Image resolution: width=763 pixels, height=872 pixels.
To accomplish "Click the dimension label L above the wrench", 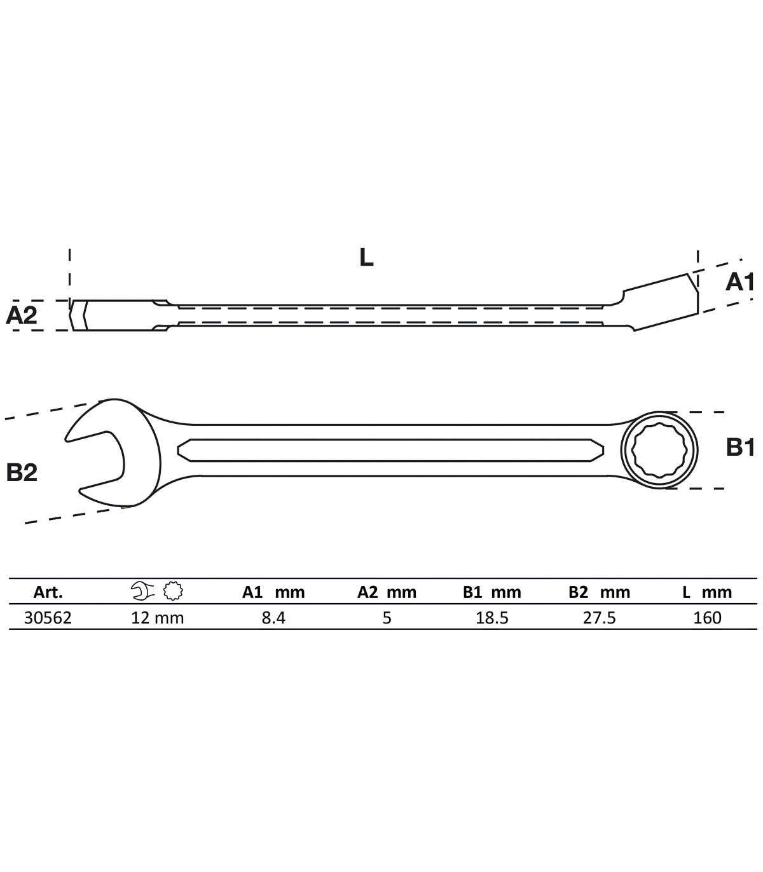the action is coord(366,257).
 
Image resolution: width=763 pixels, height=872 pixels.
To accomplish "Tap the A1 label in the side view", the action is coord(739,282).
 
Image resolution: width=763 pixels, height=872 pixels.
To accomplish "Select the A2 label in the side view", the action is coord(22,315).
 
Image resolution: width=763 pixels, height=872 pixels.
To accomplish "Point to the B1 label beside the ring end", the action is coord(740,447).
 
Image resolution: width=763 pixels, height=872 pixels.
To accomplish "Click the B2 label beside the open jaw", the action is coord(22,472).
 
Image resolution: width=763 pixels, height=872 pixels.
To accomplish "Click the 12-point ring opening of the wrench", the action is coord(659,450).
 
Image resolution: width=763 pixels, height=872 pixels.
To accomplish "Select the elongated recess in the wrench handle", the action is coord(390,450).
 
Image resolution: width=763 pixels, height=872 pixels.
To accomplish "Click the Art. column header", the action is coord(48,592).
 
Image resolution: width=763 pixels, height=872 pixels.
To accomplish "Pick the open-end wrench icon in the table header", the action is coord(142,591).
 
